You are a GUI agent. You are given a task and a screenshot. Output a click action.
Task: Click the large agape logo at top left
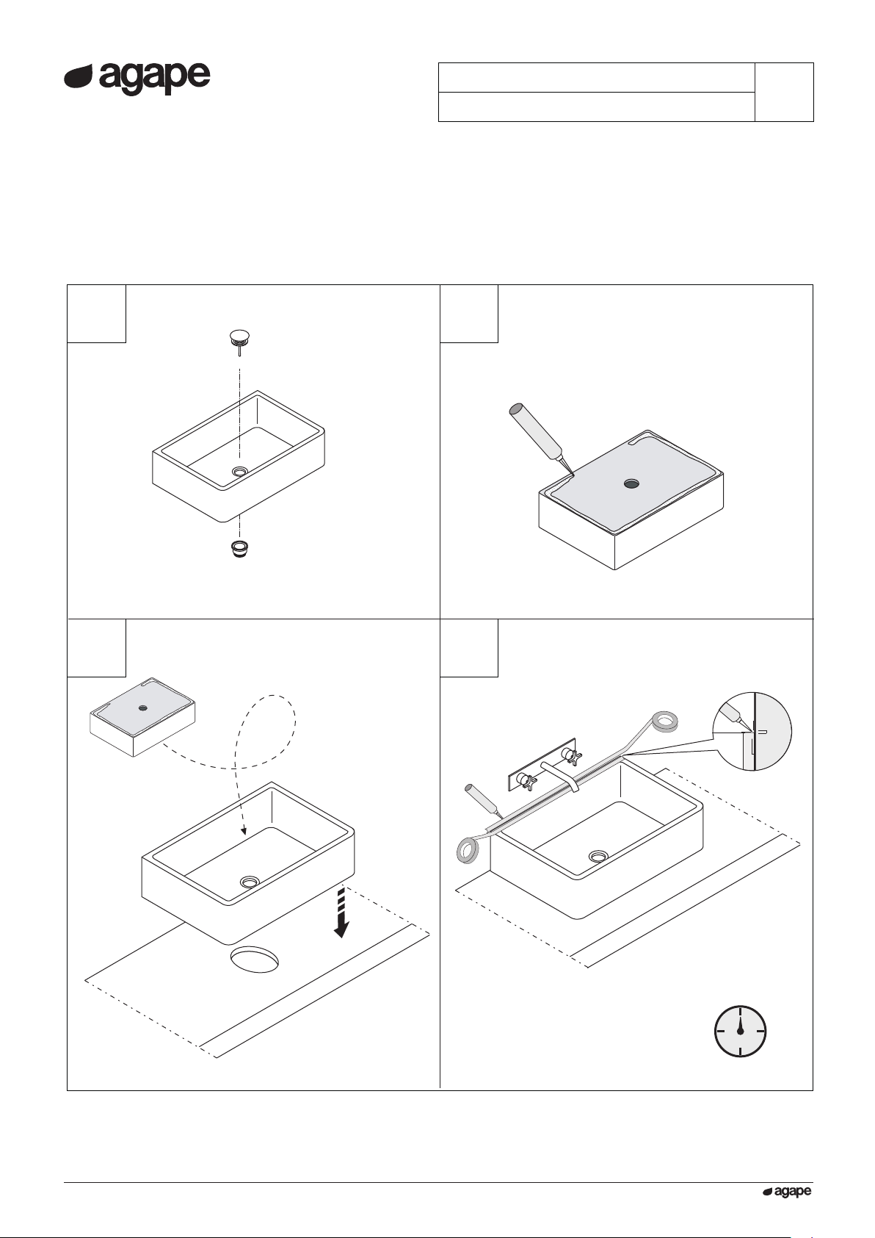point(137,79)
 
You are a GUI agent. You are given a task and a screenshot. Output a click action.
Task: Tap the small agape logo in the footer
point(787,1192)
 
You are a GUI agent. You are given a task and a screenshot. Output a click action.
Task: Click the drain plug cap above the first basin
point(239,338)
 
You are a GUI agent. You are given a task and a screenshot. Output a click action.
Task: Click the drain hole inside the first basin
point(239,472)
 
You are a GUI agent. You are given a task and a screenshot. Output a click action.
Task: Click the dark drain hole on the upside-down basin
point(631,483)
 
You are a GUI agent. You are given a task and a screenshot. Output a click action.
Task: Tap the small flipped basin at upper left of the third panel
point(142,716)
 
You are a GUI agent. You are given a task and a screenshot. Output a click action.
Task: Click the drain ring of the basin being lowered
point(250,881)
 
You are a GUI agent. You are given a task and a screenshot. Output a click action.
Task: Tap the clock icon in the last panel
point(740,1032)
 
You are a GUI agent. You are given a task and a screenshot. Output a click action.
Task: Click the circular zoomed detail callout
point(752,730)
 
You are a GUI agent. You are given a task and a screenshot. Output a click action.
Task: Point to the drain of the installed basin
point(597,856)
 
